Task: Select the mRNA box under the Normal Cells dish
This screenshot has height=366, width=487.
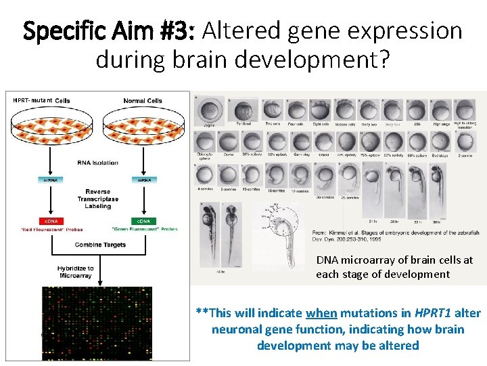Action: pyautogui.click(x=144, y=180)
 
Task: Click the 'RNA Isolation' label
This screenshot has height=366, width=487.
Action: pyautogui.click(x=97, y=163)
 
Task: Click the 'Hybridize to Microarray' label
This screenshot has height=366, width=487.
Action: pyautogui.click(x=75, y=272)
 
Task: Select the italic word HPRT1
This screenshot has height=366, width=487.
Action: pyautogui.click(x=430, y=313)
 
